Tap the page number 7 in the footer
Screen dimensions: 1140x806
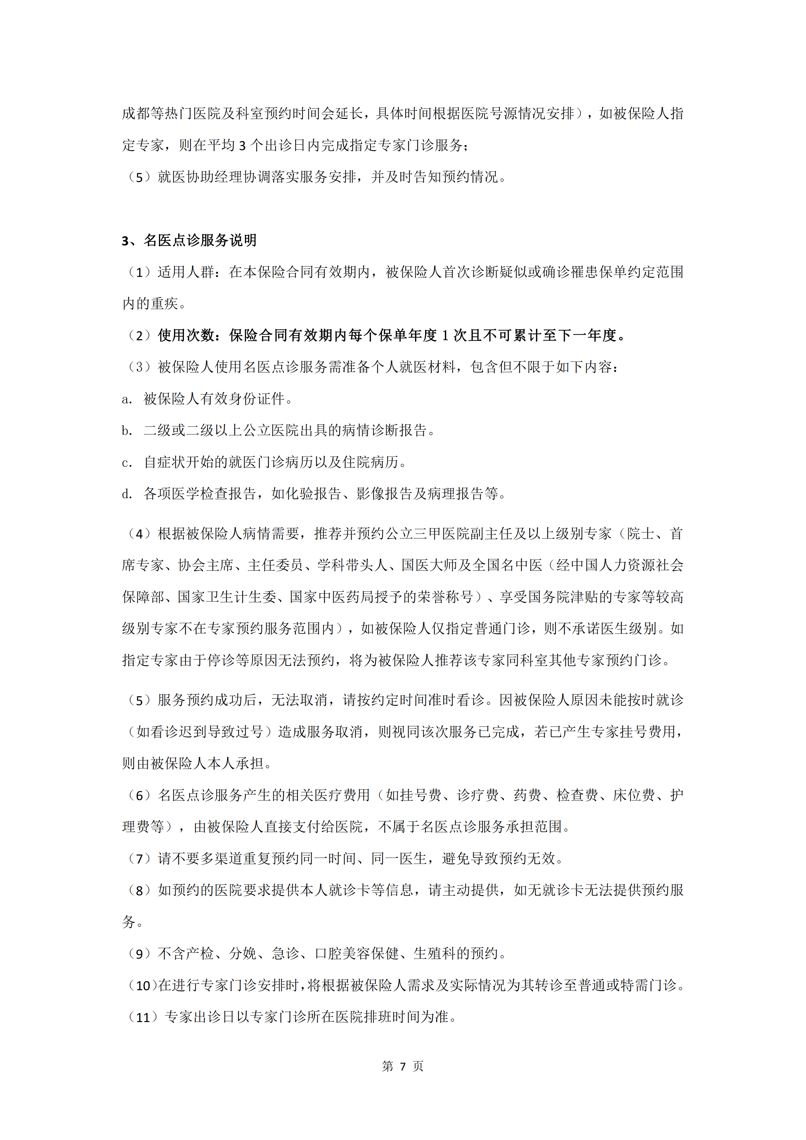tap(403, 1066)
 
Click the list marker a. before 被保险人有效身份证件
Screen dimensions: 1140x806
tap(127, 399)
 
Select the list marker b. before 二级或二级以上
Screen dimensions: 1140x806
tap(127, 431)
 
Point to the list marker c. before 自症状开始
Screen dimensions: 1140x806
tap(127, 462)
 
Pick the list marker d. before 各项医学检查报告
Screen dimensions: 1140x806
tap(127, 494)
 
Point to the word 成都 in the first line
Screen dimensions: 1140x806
tap(136, 114)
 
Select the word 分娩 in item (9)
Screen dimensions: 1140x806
tap(243, 954)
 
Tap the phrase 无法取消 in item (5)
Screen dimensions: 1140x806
tap(299, 700)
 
